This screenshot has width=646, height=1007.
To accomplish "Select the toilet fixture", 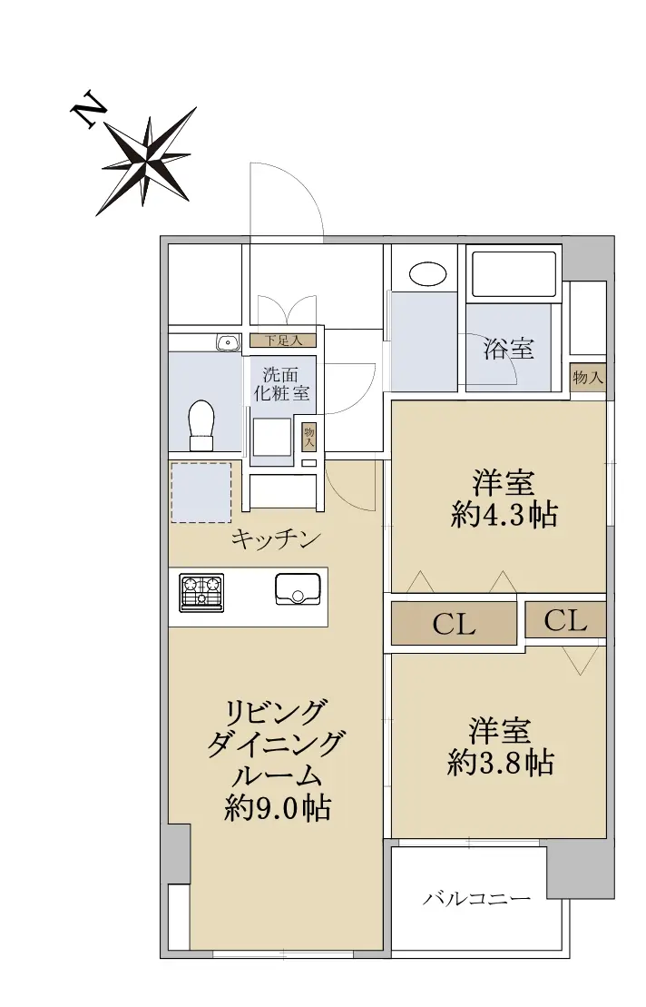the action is [x=201, y=425].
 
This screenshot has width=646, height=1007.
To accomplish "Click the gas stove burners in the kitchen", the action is [x=202, y=592].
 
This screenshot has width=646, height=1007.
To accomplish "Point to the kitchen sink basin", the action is [x=298, y=588].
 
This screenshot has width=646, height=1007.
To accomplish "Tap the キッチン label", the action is [x=276, y=538].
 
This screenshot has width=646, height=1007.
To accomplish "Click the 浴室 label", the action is [x=509, y=349].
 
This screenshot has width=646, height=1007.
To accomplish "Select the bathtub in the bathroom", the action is [x=514, y=274].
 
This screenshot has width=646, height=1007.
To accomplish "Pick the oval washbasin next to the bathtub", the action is [x=428, y=274].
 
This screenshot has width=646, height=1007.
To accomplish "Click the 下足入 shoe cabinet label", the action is [x=283, y=341].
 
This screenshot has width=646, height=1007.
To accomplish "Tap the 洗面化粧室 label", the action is [x=281, y=383].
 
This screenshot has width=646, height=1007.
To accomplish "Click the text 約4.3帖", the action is [x=504, y=515].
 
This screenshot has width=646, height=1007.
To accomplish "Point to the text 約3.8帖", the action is [x=500, y=763].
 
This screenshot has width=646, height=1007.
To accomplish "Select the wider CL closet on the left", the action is [x=455, y=623].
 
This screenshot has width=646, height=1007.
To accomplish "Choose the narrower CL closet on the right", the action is [x=566, y=620].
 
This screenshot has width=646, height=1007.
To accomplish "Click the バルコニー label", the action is [x=476, y=898].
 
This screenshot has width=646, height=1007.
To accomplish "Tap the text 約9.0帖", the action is [x=277, y=808].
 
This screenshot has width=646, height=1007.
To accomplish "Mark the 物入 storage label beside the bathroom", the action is [x=588, y=377].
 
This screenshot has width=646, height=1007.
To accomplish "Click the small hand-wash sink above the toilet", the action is [x=227, y=342].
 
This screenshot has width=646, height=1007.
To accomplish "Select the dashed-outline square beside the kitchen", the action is [x=201, y=492].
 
